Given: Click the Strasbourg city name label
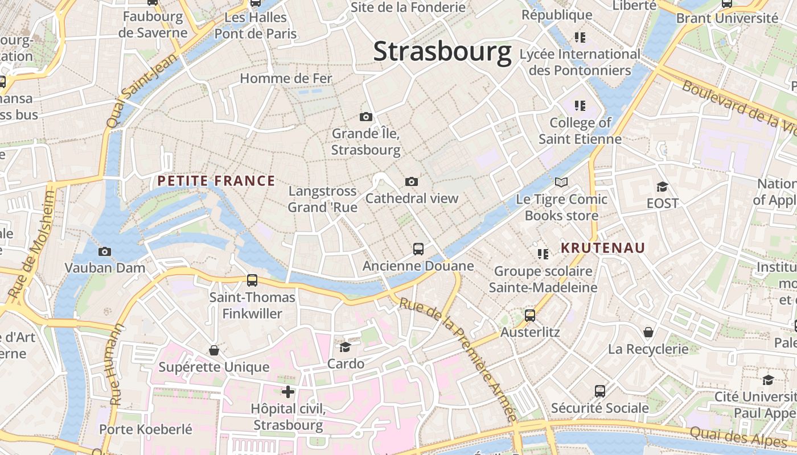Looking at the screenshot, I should tap(442, 52).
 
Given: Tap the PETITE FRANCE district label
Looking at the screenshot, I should tap(216, 181).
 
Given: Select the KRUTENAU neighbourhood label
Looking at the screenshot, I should tap(603, 248).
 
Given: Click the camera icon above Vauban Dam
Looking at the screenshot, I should tap(105, 251).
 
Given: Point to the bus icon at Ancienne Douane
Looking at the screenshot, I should tap(418, 249).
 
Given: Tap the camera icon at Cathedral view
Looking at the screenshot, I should tap(412, 181).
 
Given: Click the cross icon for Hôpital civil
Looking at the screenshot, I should tap(288, 391).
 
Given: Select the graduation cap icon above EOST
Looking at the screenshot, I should tap(662, 187).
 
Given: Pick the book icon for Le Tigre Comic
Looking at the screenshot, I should tap(561, 183).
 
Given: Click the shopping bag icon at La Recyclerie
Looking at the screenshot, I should tap(648, 332).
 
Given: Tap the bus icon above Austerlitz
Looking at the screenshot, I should tap(530, 315).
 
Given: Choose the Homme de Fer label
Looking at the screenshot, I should tap(286, 78).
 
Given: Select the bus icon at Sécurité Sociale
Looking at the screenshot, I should tap(600, 391).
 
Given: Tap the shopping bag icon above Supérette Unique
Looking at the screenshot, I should tap(214, 350).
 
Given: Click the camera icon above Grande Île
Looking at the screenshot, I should tap(366, 117).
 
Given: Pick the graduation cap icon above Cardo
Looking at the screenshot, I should tap(345, 347).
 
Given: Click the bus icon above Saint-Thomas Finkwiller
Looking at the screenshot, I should tap(252, 280).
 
